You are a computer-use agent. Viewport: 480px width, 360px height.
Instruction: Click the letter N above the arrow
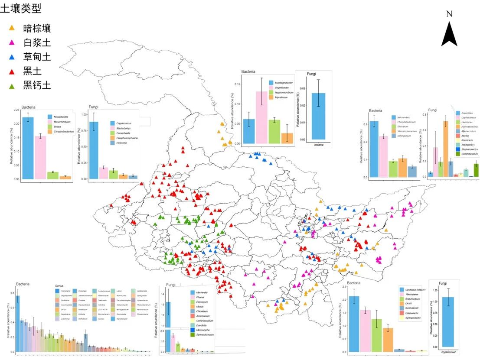tap(449, 14)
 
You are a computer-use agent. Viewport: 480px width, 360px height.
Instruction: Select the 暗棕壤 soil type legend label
tap(37, 29)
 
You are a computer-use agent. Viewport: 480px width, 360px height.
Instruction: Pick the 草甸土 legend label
tap(37, 57)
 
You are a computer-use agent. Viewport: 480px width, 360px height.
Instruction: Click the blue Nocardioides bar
tap(28, 148)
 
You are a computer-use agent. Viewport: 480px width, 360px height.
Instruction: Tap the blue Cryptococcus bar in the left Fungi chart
tap(93, 150)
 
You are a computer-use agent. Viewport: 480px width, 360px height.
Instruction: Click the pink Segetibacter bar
tap(261, 117)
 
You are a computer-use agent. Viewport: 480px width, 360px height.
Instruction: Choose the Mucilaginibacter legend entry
tap(284, 82)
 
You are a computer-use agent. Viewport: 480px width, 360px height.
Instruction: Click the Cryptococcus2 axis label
tap(451, 352)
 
